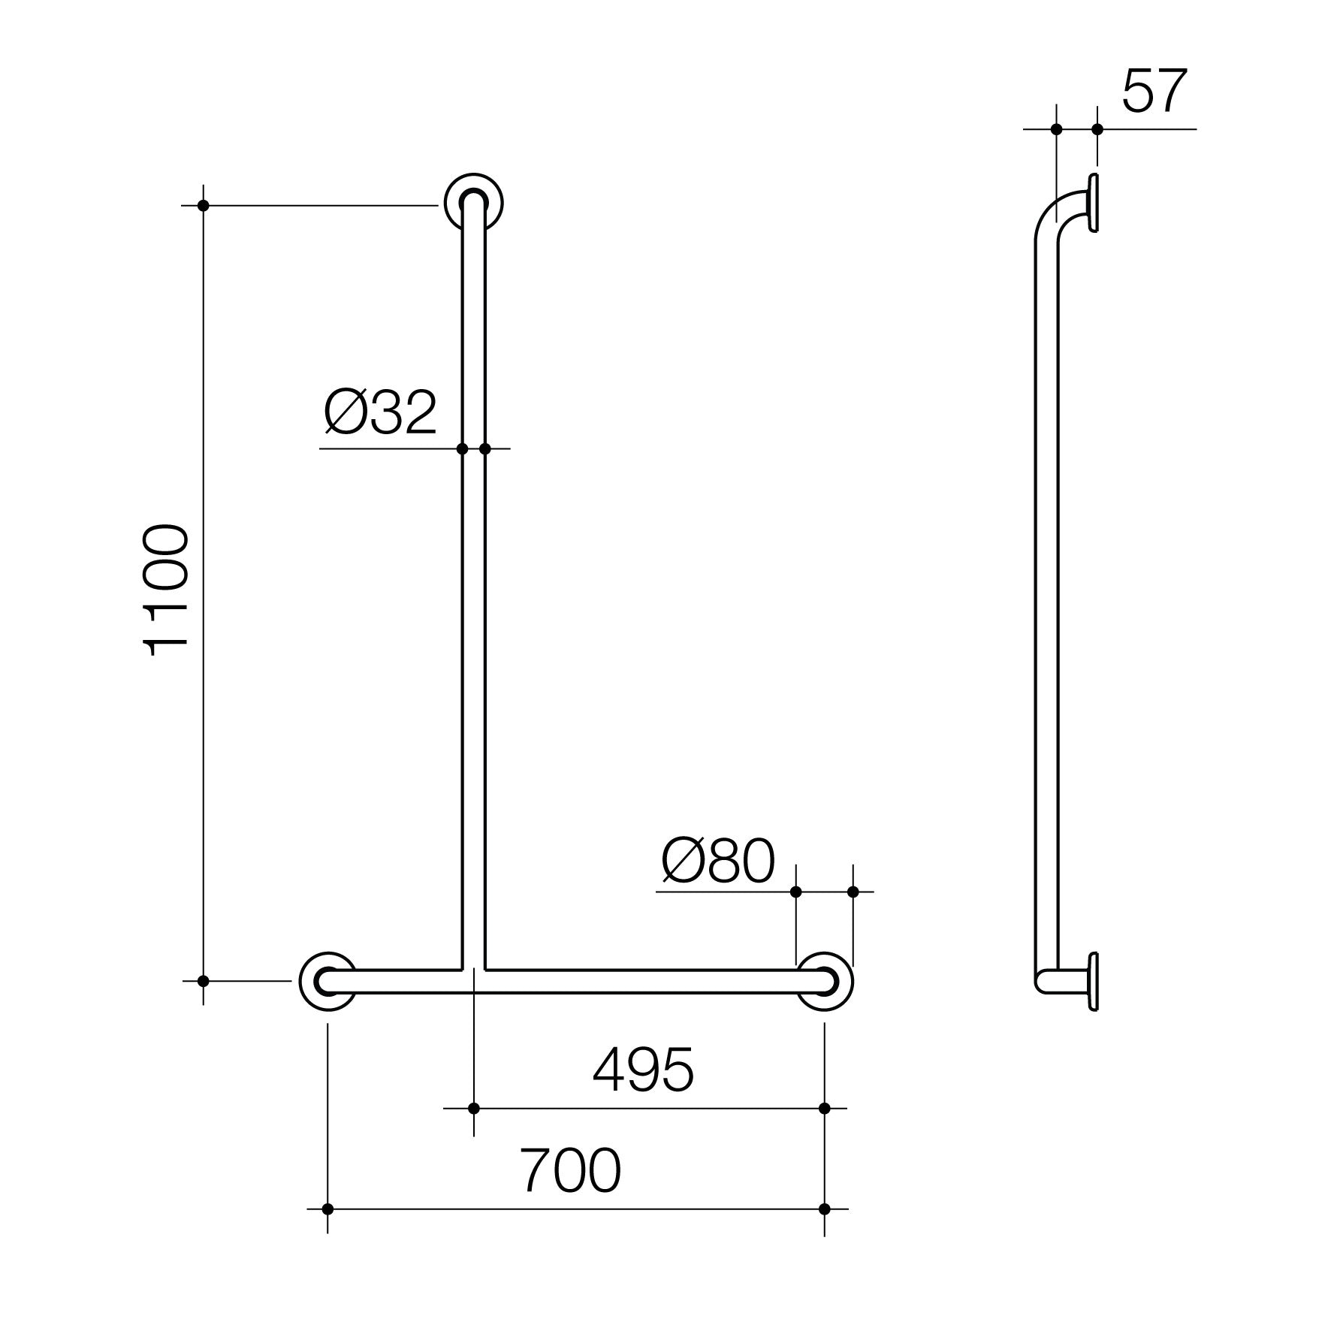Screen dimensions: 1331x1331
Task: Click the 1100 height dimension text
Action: tap(166, 591)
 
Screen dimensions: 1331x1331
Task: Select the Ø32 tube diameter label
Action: tap(380, 412)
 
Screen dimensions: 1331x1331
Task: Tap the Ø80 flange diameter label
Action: tap(717, 862)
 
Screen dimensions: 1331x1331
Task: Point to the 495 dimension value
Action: tap(643, 1070)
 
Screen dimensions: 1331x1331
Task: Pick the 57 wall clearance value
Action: tap(1154, 92)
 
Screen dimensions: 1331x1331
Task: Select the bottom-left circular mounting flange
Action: tap(327, 981)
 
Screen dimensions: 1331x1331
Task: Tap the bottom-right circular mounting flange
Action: tap(825, 981)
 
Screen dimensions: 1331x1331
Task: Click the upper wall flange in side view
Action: tap(1094, 202)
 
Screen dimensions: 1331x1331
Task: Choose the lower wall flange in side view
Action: tap(1094, 982)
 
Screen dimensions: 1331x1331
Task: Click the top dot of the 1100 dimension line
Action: tap(203, 205)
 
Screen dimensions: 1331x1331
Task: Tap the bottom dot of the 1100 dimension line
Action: tap(203, 981)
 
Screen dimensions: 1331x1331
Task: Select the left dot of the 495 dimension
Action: tap(474, 1109)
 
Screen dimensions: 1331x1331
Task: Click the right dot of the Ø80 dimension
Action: tap(853, 892)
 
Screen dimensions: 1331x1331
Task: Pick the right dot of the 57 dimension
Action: tap(1097, 129)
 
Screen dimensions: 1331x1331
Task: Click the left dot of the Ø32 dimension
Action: tap(462, 449)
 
